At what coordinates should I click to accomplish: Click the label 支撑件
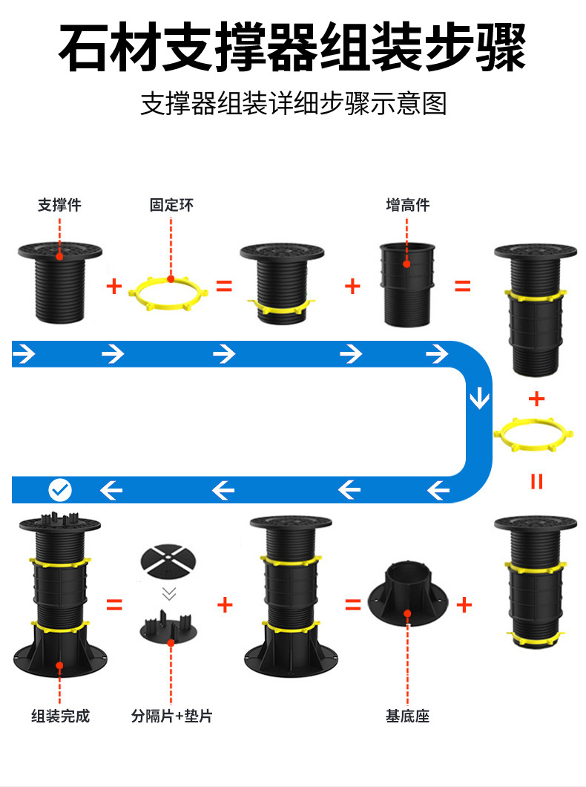[x=59, y=205]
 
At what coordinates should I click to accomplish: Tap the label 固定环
[x=171, y=205]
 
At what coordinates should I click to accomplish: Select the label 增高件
[x=407, y=205]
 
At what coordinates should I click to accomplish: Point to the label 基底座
[x=407, y=716]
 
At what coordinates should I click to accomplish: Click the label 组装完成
[x=60, y=716]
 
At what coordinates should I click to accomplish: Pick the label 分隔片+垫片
[x=171, y=716]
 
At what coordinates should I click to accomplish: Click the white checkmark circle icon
[x=60, y=489]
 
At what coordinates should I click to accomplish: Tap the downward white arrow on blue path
[x=480, y=398]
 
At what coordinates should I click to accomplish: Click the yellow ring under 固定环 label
[x=170, y=293]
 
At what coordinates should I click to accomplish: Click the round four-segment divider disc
[x=170, y=563]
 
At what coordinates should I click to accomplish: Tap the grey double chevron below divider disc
[x=170, y=594]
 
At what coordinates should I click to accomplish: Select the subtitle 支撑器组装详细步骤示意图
[x=293, y=104]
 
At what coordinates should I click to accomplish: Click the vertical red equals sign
[x=536, y=481]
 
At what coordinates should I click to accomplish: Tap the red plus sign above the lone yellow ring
[x=536, y=399]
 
